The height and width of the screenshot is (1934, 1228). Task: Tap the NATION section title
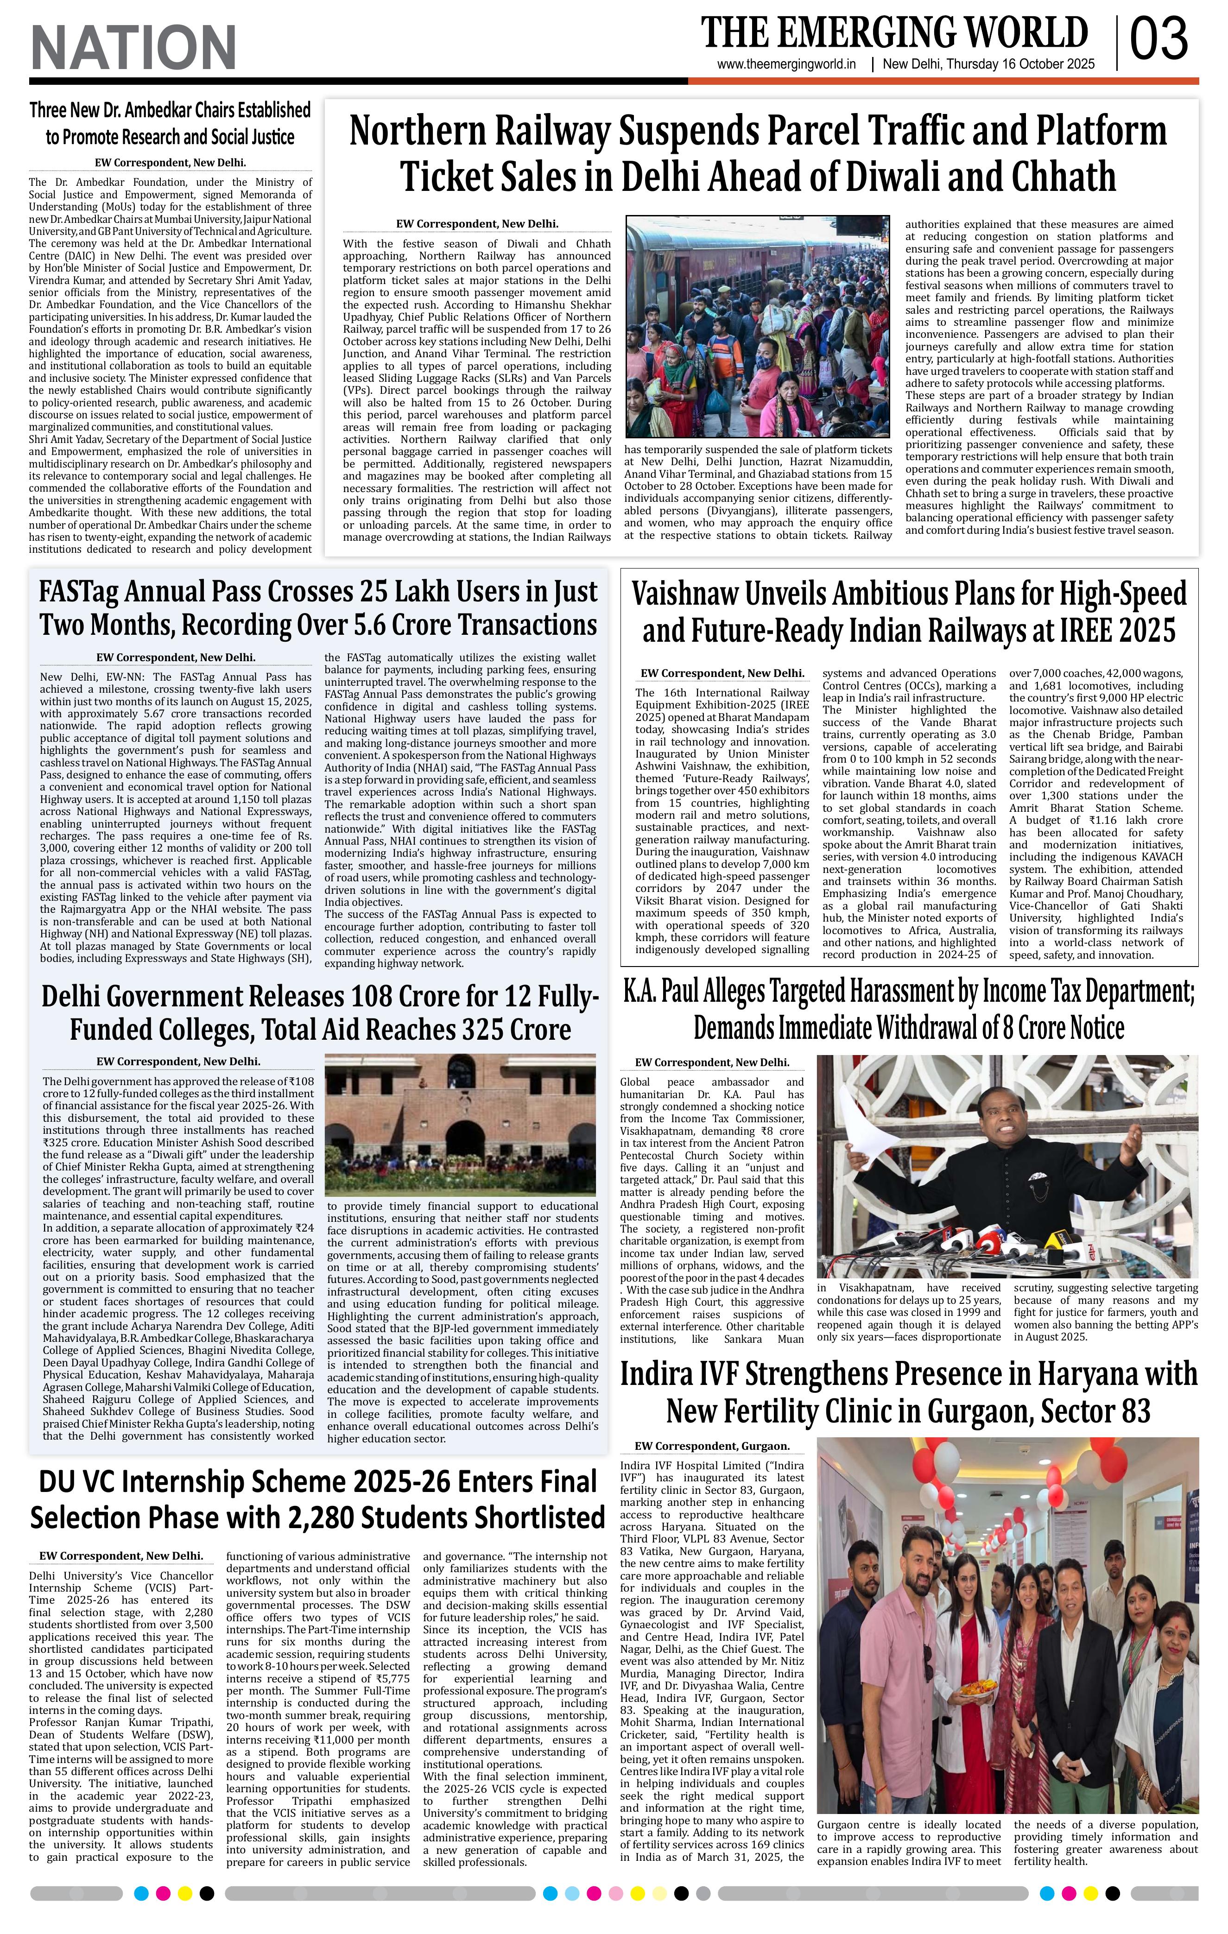coord(133,47)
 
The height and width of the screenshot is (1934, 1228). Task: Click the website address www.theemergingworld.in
coord(787,65)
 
